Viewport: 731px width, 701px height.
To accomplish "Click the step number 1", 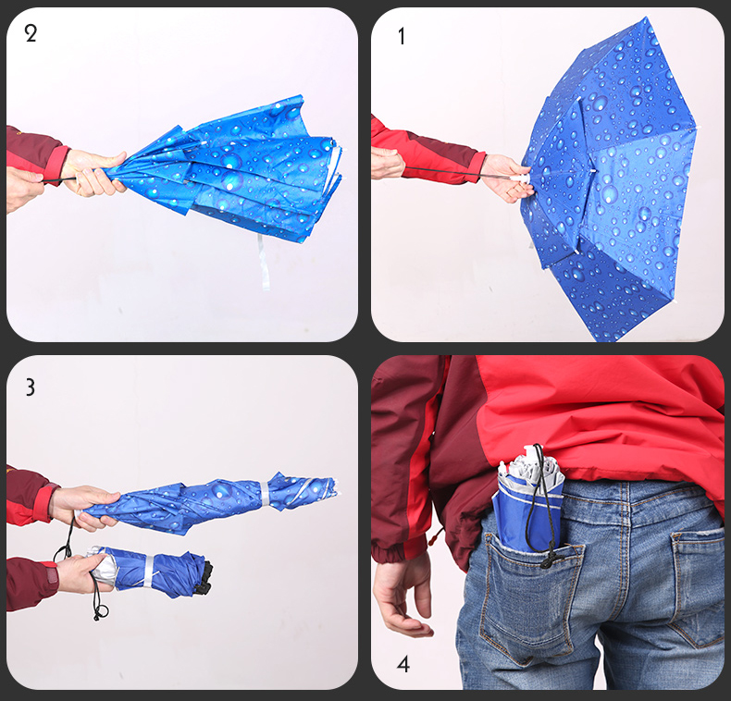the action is pyautogui.click(x=402, y=36).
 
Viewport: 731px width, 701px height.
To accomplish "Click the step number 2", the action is pyautogui.click(x=31, y=33).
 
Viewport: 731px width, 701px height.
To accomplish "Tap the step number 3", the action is pyautogui.click(x=31, y=387).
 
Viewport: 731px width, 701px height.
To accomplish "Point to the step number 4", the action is pyautogui.click(x=403, y=664).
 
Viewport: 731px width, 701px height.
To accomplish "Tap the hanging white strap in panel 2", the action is pyautogui.click(x=263, y=261).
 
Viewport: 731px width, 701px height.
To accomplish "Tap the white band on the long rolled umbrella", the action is pyautogui.click(x=265, y=494).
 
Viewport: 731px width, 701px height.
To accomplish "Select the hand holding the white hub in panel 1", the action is pyautogui.click(x=507, y=178).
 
